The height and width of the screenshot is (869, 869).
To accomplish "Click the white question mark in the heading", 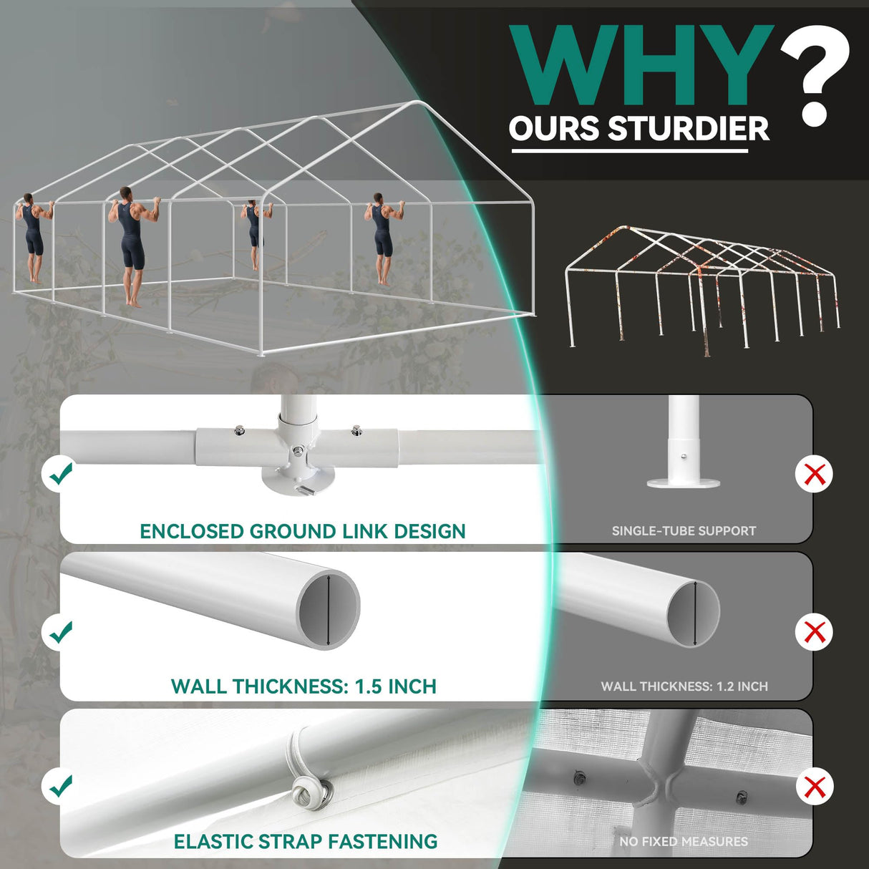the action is point(815,77).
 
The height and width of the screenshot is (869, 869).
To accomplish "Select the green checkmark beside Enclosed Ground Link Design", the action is point(61,473).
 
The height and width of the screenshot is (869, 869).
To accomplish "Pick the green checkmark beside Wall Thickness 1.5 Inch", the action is point(61,632).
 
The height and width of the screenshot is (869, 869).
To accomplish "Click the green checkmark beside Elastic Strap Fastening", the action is point(61,786).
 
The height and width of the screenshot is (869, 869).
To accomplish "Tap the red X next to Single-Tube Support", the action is point(815,475).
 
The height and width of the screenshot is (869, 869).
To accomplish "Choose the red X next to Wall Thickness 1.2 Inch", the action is point(815,631).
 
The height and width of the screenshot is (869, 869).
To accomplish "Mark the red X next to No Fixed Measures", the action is point(815,787).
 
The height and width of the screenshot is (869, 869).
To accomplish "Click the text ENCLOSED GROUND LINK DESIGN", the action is point(303,532).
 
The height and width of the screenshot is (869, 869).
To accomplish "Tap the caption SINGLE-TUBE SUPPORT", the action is point(684,531).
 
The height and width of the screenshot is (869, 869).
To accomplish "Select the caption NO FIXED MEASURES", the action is point(684,842).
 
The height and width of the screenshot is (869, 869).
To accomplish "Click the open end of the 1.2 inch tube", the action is point(694,613).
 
